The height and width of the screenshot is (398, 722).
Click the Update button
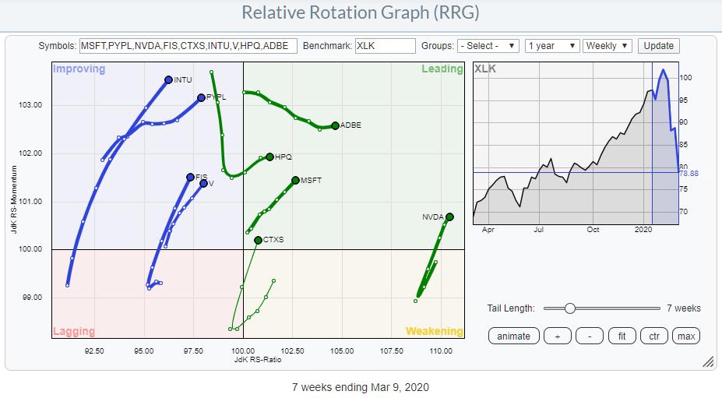[x=658, y=46]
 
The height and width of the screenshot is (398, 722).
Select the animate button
[x=513, y=336]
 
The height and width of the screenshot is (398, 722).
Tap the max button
[x=686, y=336]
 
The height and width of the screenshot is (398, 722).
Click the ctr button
[x=654, y=336]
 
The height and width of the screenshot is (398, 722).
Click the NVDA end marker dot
[x=450, y=217]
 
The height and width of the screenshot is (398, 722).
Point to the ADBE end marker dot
[x=335, y=125]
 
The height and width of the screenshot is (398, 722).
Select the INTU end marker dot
[x=168, y=79]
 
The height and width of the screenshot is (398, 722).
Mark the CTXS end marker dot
[x=258, y=240]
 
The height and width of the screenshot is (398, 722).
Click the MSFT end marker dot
[x=295, y=180]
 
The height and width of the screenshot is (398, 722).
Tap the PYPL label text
[x=216, y=97]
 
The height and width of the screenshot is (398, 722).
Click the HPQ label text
[x=284, y=157]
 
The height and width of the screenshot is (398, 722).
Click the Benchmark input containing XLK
[x=385, y=46]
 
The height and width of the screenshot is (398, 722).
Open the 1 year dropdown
[x=551, y=46]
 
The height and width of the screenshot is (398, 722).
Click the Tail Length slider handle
[x=569, y=308]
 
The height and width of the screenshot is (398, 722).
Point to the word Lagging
[x=75, y=332]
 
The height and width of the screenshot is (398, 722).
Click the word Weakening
[x=434, y=332]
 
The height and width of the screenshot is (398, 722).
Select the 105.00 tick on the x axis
[x=342, y=350]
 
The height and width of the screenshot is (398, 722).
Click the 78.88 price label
[x=689, y=174]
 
